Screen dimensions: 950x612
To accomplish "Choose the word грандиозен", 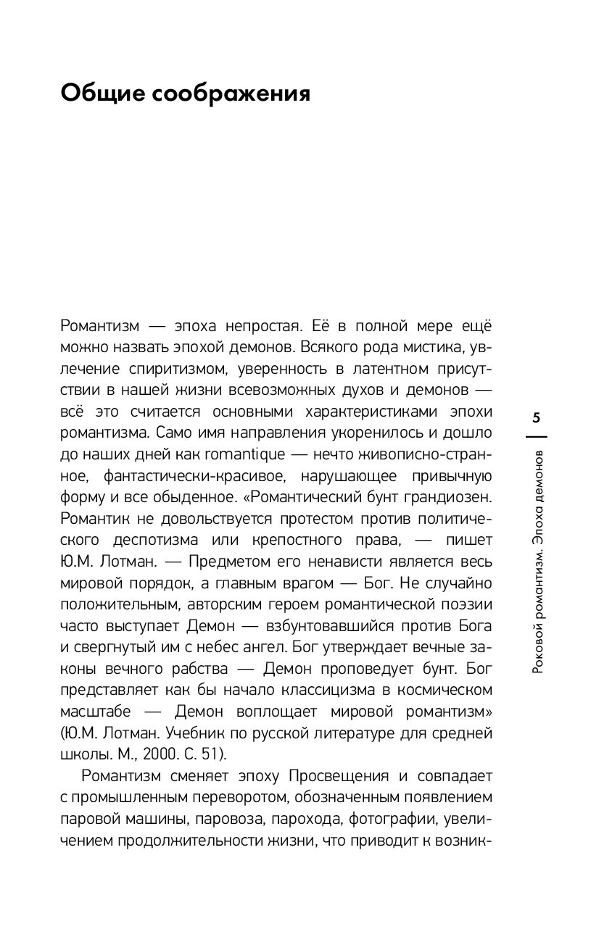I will coord(450,499).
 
